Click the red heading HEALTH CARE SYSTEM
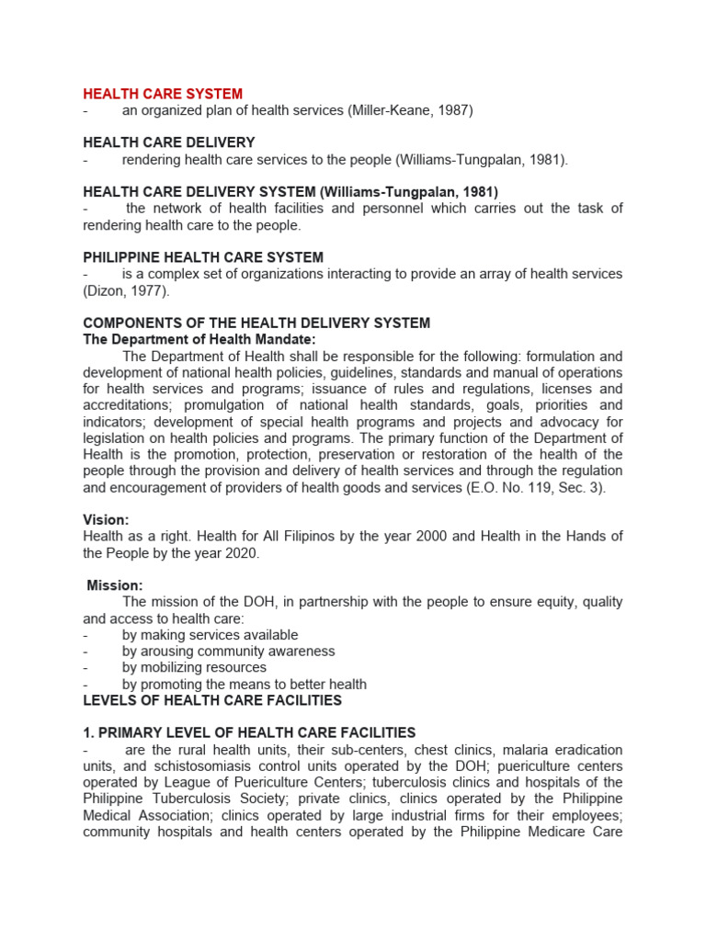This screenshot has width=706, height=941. tap(163, 94)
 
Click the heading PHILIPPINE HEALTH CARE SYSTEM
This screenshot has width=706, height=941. tap(203, 257)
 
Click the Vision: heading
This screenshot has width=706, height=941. tap(106, 519)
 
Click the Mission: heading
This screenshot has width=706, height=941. tap(115, 585)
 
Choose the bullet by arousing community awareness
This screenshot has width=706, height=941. tap(228, 651)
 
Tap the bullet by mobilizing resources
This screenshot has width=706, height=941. tap(194, 667)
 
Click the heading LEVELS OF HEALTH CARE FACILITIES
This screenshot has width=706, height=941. tap(212, 700)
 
